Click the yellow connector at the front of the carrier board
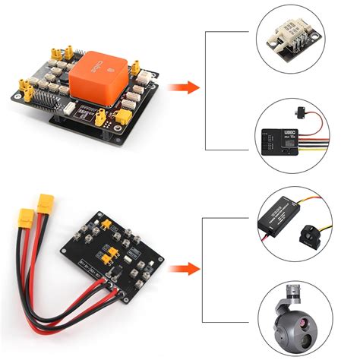click(122, 115)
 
